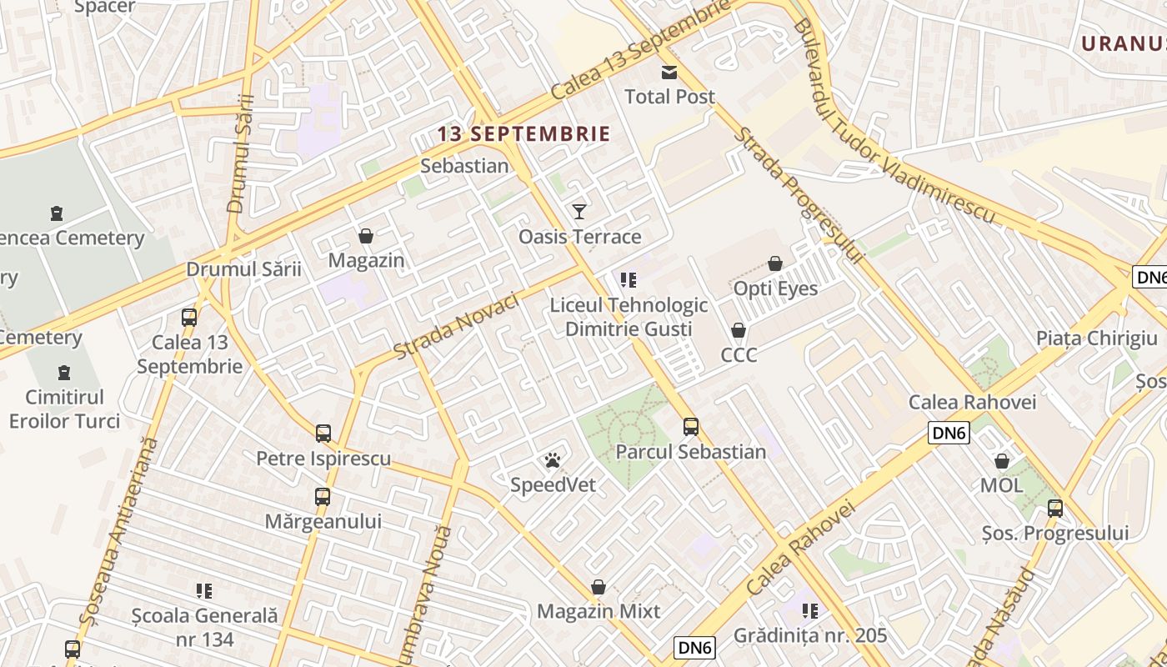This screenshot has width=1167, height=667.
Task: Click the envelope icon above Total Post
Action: (x=669, y=72)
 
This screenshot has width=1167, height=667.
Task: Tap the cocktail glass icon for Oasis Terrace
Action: (x=579, y=211)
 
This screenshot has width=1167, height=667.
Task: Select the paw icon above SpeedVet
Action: (x=552, y=459)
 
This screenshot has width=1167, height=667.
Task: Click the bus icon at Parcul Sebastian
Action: (x=691, y=427)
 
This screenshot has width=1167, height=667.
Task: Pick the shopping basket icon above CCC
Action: (x=739, y=330)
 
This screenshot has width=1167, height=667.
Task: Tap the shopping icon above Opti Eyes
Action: (x=775, y=263)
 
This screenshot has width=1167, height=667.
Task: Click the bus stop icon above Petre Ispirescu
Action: (x=323, y=434)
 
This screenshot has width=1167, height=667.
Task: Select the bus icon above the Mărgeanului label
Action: (x=323, y=497)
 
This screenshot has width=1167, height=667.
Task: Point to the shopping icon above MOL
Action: (x=1002, y=461)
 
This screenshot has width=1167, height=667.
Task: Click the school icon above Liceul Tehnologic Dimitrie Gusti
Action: (x=629, y=280)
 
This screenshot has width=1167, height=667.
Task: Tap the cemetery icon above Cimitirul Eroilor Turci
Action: (x=65, y=372)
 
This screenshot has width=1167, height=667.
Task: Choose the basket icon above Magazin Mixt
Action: (x=598, y=587)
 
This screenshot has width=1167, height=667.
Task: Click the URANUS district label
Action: (x=1123, y=43)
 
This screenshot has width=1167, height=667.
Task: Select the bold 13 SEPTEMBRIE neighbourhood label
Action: (x=524, y=133)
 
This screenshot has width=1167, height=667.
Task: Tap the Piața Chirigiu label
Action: (x=1096, y=338)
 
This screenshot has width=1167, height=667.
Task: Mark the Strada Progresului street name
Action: (x=798, y=197)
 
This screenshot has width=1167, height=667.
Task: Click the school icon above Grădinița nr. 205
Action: (x=810, y=610)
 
